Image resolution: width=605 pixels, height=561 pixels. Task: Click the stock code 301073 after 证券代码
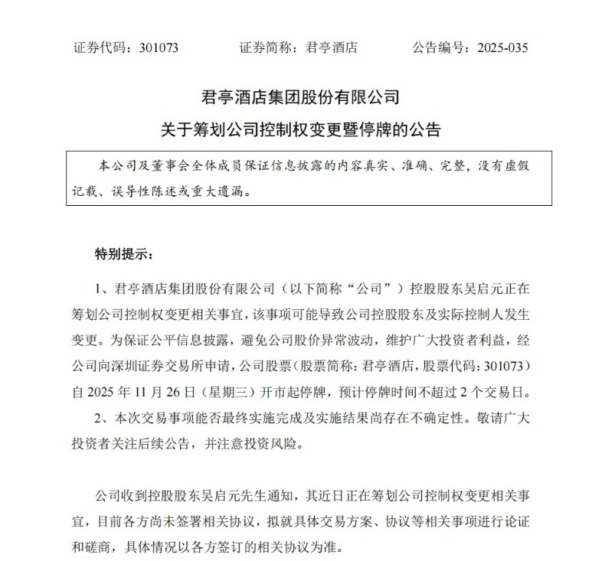[x=159, y=47]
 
